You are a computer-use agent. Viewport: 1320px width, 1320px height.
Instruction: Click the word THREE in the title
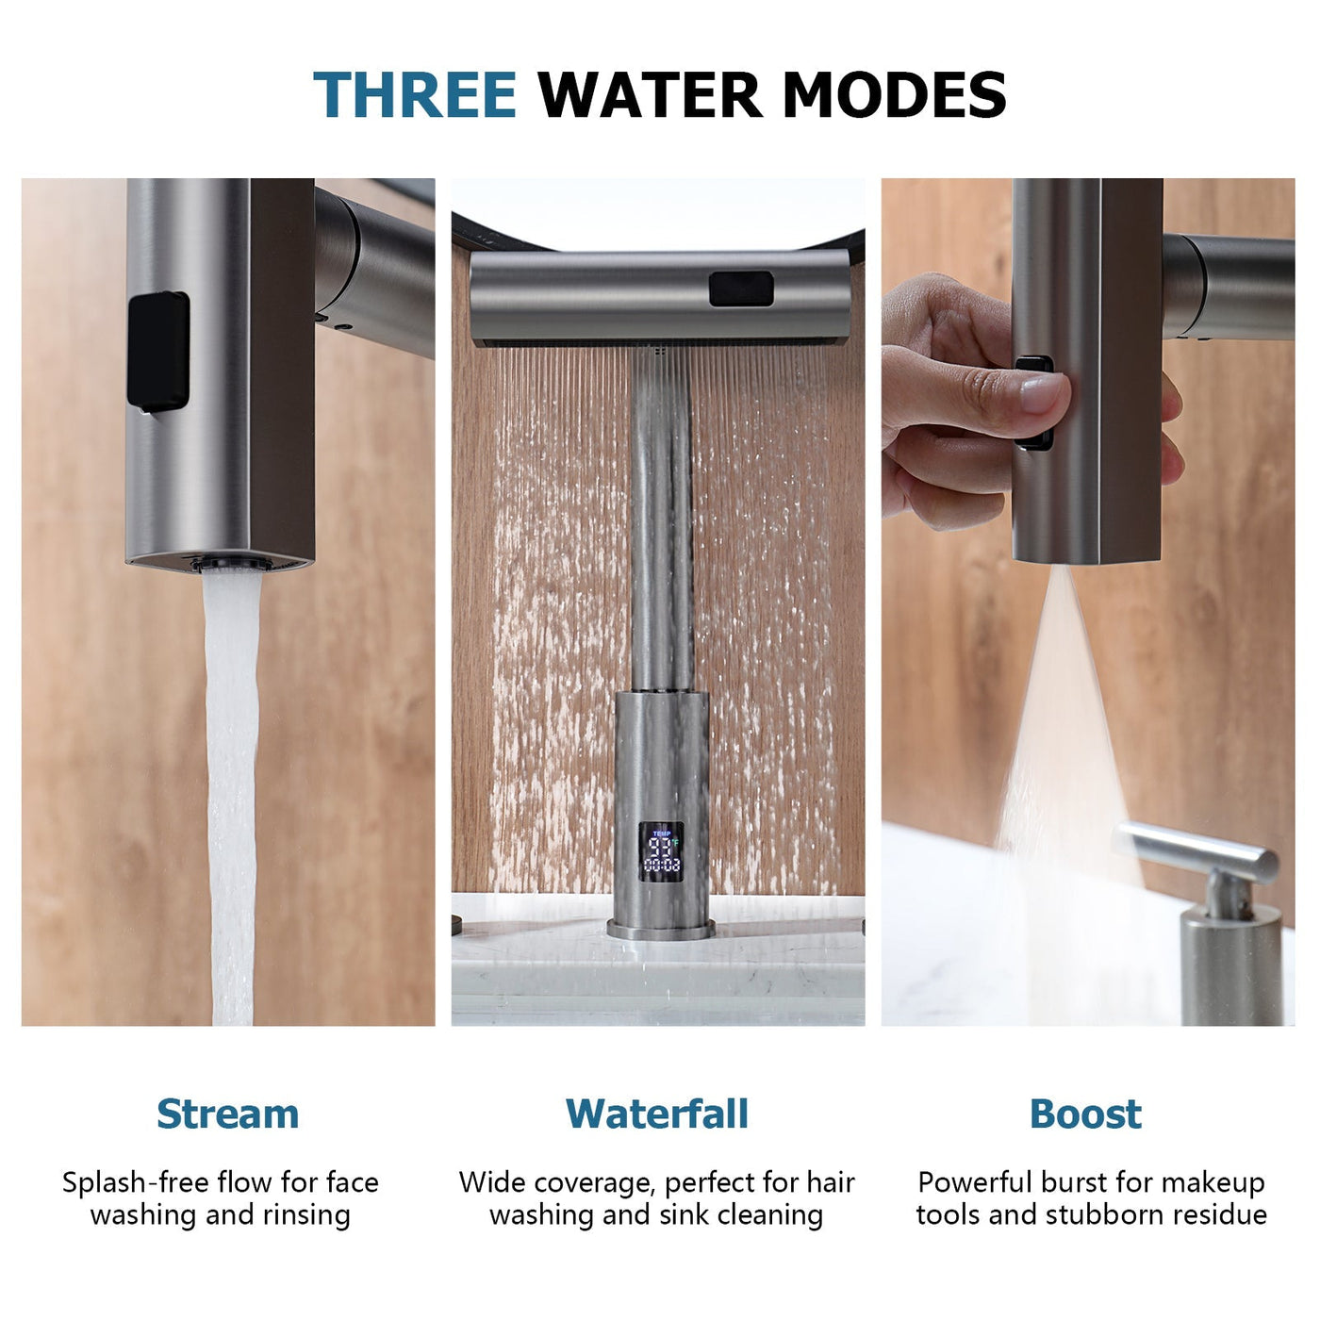coord(415,95)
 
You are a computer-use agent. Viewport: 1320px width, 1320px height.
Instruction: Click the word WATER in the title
coord(650,95)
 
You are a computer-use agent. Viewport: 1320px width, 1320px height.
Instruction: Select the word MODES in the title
coord(894,95)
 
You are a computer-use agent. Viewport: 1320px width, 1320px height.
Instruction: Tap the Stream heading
coord(227,1114)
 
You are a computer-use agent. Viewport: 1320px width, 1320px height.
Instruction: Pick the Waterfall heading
coord(657,1114)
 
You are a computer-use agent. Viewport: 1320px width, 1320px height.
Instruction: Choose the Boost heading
coord(1085,1114)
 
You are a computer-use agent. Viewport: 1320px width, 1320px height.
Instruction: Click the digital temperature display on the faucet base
coord(661,851)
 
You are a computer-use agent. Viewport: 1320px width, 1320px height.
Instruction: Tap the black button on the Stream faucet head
coord(157,351)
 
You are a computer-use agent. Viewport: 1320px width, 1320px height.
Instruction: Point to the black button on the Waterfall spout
coord(741,289)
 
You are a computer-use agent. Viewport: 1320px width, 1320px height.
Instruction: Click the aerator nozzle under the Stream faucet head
coord(232,564)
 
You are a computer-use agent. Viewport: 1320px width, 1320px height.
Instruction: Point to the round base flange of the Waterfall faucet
coord(661,930)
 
